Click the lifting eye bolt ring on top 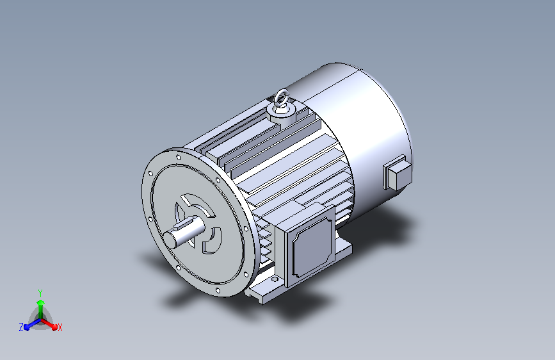(282, 97)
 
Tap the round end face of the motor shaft (170, 240)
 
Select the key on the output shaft (184, 224)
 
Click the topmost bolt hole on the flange (179, 157)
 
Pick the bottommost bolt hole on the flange (218, 291)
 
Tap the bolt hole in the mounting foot (275, 279)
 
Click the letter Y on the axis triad (40, 293)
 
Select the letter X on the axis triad (60, 327)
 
